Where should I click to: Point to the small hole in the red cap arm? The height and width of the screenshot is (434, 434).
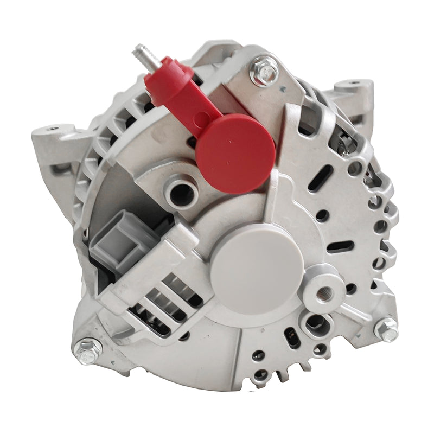click(x=201, y=116)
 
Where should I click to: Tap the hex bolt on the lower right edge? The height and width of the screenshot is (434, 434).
click(x=387, y=329)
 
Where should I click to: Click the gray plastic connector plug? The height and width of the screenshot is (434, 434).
click(x=120, y=239)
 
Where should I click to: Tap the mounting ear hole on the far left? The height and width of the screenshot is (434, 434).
click(x=52, y=129)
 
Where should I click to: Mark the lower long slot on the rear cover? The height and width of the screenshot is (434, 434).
click(x=340, y=246)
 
